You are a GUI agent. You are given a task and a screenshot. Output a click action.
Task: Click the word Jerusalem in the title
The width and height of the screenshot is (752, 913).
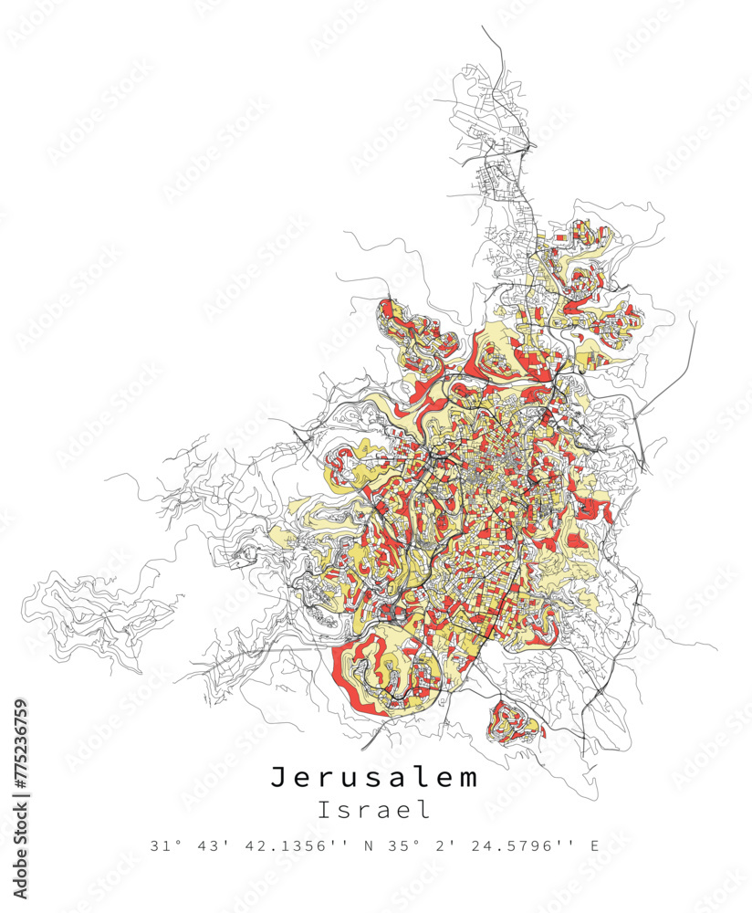374,778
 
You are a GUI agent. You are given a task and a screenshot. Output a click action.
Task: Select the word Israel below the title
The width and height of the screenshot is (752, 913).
374,809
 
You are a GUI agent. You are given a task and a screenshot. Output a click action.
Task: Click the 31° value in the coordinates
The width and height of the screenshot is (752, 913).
163,846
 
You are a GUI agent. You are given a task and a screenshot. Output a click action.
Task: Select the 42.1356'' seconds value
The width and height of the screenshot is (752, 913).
296,846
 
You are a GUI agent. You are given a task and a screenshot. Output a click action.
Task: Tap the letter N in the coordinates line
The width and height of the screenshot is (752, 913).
370,846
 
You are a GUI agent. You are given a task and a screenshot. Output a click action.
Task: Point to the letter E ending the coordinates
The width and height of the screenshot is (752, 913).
594,846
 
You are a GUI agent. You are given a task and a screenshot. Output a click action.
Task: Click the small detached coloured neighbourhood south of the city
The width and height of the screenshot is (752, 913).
515,722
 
